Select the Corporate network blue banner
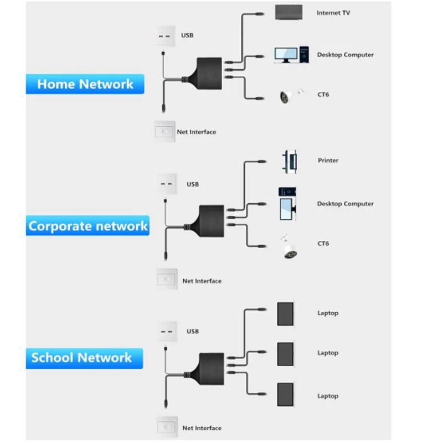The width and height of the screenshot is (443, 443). (x=87, y=226)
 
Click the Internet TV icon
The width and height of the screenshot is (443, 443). (x=289, y=13)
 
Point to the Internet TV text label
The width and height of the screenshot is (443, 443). (x=333, y=12)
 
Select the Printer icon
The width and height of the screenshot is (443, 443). (x=289, y=161)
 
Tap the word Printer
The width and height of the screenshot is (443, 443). (x=328, y=161)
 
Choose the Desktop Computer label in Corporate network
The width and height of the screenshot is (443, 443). (x=345, y=204)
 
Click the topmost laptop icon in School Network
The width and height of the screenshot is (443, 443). (x=286, y=313)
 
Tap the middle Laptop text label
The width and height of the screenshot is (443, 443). (x=327, y=353)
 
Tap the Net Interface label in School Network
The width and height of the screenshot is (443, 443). (x=202, y=428)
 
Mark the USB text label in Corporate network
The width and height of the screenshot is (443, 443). (x=192, y=184)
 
